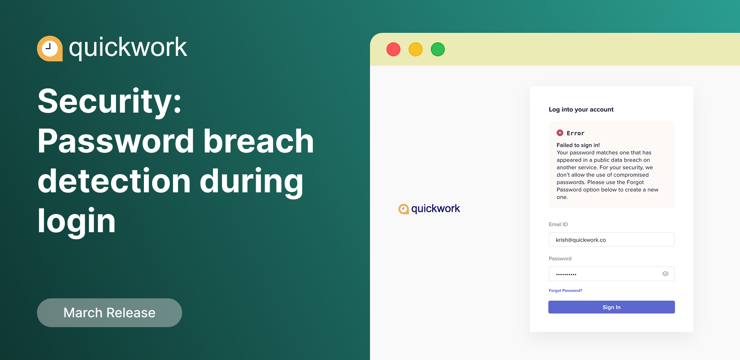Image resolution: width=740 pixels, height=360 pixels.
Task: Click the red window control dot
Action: tap(393, 49)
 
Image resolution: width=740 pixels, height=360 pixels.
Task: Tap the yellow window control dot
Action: tap(416, 49)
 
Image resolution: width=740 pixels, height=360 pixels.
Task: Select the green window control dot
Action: tap(438, 49)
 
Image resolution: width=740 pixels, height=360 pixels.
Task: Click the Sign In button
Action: tap(611, 307)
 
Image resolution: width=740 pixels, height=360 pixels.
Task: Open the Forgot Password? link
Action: tap(565, 291)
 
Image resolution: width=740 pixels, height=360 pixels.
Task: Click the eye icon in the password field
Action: tap(665, 274)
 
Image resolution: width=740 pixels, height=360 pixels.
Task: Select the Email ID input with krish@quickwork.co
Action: tap(611, 240)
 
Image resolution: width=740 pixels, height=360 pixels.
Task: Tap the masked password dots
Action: tap(566, 274)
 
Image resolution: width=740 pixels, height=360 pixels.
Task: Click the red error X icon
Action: tap(560, 133)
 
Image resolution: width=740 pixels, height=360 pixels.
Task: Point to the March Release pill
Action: tap(109, 313)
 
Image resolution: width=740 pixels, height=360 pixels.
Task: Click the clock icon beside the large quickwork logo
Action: tap(50, 48)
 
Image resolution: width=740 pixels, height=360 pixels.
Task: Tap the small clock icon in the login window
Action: tap(403, 209)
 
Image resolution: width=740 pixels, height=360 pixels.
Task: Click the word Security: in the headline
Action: tap(109, 102)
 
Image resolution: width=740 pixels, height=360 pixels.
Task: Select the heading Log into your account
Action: tap(581, 109)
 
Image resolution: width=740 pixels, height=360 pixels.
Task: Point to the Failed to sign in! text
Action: tap(578, 145)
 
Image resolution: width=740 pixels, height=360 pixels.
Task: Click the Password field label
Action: tap(560, 258)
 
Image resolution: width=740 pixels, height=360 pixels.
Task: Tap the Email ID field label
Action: tap(558, 224)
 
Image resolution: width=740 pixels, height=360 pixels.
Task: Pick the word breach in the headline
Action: tap(259, 141)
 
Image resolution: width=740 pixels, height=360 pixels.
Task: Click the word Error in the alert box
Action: tap(575, 133)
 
